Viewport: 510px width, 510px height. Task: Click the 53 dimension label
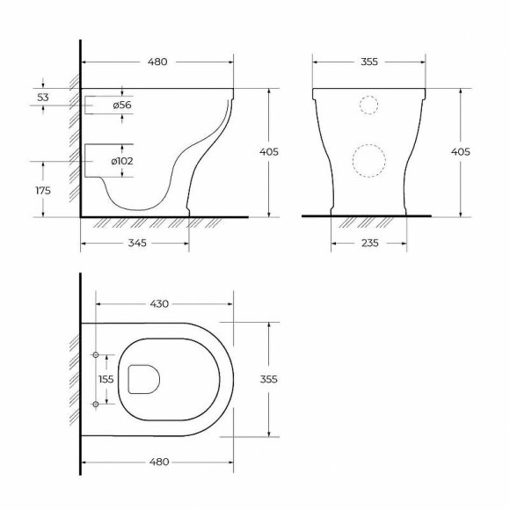43,98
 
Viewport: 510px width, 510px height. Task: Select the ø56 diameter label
122,105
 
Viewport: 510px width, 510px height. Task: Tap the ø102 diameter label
122,161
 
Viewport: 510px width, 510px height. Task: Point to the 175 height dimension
43,190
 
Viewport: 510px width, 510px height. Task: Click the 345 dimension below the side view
137,243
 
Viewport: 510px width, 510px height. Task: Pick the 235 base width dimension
370,243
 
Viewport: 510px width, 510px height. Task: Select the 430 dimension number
159,303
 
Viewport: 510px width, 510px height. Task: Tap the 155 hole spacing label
106,379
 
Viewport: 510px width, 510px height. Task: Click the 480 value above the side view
157,62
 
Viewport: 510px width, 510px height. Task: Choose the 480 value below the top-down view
159,462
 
